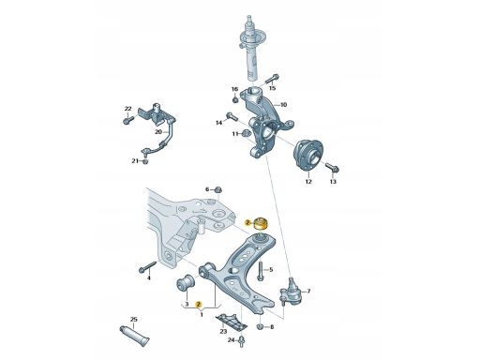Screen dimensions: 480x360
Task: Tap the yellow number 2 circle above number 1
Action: pyautogui.click(x=199, y=304)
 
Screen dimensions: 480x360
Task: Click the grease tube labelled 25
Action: pyautogui.click(x=135, y=337)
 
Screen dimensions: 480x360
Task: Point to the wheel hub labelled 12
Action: pyautogui.click(x=307, y=156)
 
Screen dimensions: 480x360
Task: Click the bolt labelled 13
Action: pyautogui.click(x=332, y=167)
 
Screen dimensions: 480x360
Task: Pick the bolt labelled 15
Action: pyautogui.click(x=272, y=79)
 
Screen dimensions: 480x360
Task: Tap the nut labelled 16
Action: pyautogui.click(x=235, y=100)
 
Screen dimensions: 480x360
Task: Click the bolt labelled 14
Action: pyautogui.click(x=232, y=117)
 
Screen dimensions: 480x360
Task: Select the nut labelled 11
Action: pyautogui.click(x=246, y=133)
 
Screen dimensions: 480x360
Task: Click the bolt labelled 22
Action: pyautogui.click(x=128, y=120)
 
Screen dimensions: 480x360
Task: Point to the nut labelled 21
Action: pyautogui.click(x=145, y=161)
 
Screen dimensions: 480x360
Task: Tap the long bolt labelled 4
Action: pyautogui.click(x=147, y=266)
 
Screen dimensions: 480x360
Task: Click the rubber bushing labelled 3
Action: pyautogui.click(x=186, y=282)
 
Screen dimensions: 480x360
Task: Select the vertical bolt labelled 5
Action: pyautogui.click(x=261, y=271)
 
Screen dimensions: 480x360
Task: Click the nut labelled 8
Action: pyautogui.click(x=260, y=327)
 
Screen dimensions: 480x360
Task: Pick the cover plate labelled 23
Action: pyautogui.click(x=232, y=322)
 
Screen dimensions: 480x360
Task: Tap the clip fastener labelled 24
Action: pyautogui.click(x=242, y=341)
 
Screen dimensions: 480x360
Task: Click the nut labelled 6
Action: pyautogui.click(x=218, y=189)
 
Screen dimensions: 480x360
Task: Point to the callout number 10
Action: pyautogui.click(x=283, y=105)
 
